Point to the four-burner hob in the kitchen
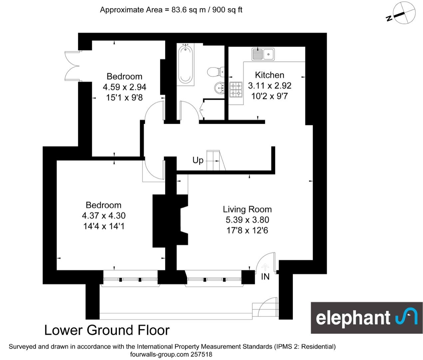(x=236, y=90)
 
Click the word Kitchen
(x=269, y=75)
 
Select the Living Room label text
(x=247, y=209)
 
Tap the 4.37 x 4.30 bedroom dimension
(x=104, y=216)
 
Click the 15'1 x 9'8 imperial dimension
(x=124, y=98)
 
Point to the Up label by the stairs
(x=198, y=160)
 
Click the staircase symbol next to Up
(x=215, y=161)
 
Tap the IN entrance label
(x=265, y=277)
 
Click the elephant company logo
(x=366, y=318)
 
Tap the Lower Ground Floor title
(x=107, y=330)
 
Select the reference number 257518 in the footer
(x=201, y=354)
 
